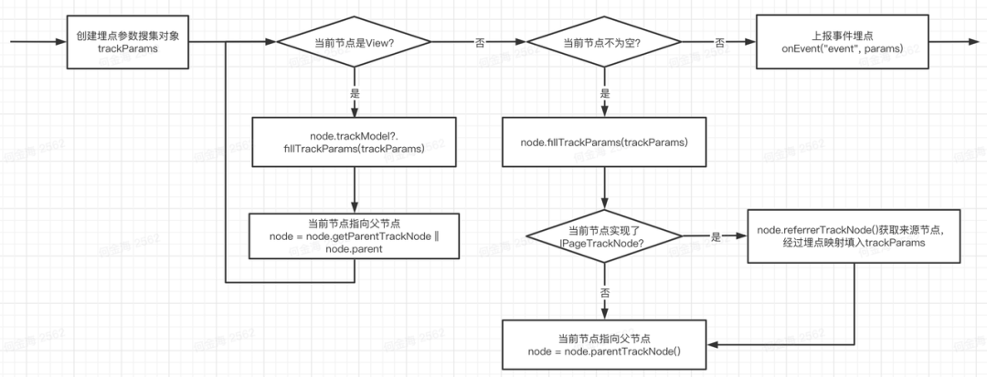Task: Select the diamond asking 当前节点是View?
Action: (x=353, y=43)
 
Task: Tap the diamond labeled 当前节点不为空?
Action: (x=601, y=43)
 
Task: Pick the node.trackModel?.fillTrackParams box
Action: (x=353, y=141)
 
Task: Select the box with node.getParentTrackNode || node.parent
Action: (x=353, y=236)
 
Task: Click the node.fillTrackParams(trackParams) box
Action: (x=604, y=141)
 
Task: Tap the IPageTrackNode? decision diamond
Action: (x=604, y=236)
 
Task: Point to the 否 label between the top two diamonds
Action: (x=479, y=43)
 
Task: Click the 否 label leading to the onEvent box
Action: (x=719, y=43)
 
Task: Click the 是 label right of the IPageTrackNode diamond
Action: (x=716, y=236)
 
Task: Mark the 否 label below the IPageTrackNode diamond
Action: (x=604, y=294)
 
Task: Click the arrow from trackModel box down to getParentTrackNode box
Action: (x=353, y=189)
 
